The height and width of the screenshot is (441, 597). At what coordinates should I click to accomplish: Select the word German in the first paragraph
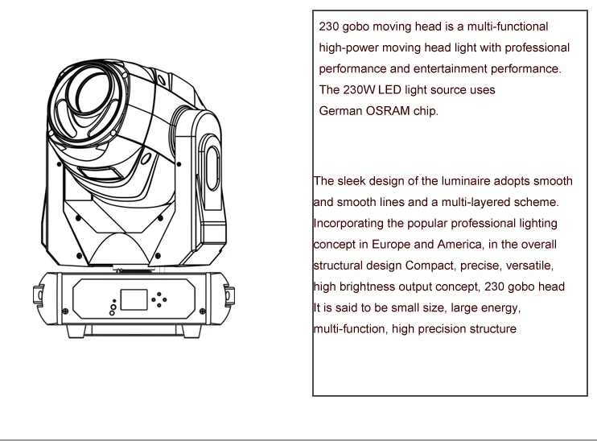click(340, 111)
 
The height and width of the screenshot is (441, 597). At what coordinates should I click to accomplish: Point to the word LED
click(389, 90)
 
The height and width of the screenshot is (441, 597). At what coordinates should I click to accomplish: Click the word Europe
click(391, 245)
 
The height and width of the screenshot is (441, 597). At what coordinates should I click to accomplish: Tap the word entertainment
click(450, 68)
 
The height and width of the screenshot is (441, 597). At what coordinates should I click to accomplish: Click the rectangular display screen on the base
click(134, 299)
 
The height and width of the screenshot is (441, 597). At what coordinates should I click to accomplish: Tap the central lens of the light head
click(93, 93)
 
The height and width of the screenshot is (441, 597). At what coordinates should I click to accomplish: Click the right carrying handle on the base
click(229, 296)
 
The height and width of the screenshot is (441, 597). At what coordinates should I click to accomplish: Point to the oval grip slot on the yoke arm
click(213, 168)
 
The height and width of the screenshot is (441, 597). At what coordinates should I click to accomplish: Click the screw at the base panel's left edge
click(65, 311)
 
